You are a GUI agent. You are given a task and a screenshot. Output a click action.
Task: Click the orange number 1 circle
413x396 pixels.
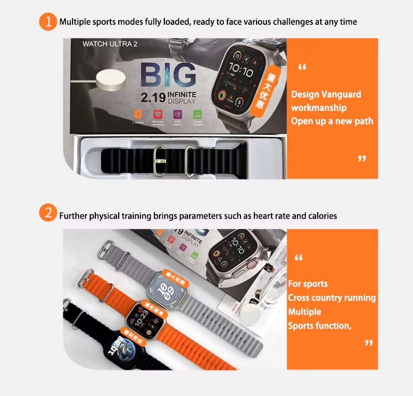[48, 22]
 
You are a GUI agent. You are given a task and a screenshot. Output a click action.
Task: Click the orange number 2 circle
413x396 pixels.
[48, 214]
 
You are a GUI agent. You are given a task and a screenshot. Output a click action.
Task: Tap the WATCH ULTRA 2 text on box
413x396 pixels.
[110, 44]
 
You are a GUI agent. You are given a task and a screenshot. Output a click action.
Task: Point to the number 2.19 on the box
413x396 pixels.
[153, 97]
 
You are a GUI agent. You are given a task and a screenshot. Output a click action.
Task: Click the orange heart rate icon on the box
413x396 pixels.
[157, 115]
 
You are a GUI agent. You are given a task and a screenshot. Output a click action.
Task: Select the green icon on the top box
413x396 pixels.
[197, 115]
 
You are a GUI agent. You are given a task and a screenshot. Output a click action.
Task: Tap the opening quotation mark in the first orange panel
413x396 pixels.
[303, 66]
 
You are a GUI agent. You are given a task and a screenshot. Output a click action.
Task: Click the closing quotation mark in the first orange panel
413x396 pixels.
[362, 158]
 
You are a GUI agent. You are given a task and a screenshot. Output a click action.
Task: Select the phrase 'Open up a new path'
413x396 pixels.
[332, 121]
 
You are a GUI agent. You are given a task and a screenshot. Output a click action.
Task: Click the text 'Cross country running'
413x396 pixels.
[332, 298]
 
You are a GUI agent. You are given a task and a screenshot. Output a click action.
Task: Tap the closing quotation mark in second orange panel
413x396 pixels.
[368, 343]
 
